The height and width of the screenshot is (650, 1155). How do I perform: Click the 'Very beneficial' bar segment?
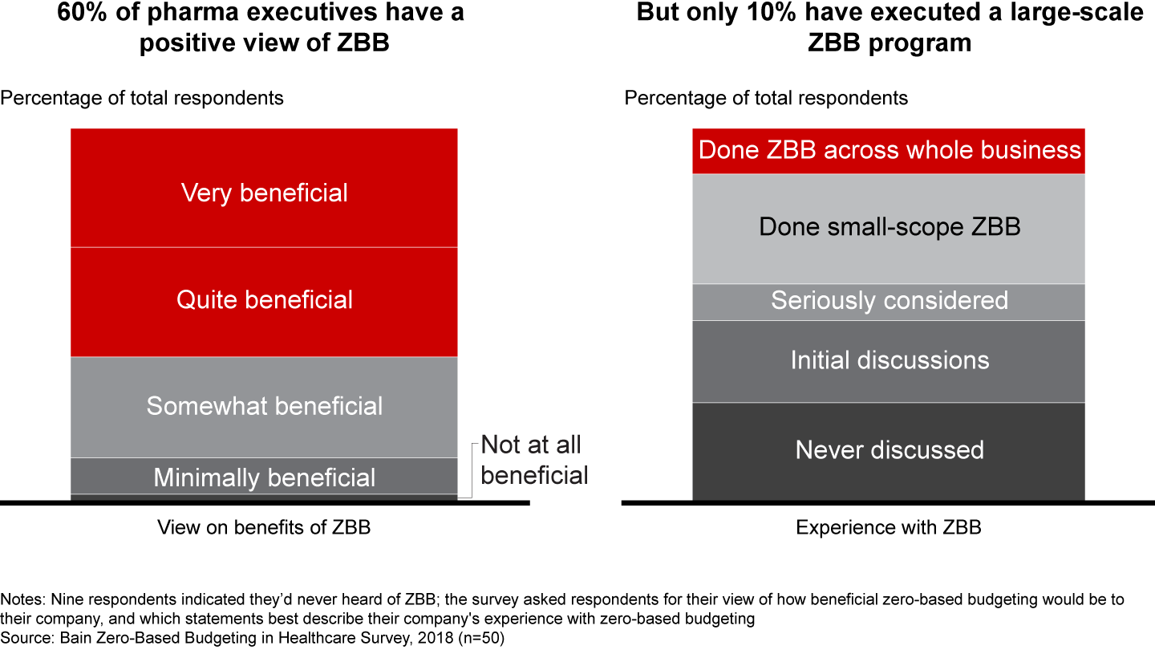[264, 193]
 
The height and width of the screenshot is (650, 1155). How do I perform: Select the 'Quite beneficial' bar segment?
[264, 300]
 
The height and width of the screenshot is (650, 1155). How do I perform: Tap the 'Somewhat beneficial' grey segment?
[264, 406]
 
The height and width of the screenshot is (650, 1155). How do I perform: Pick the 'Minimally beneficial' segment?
[264, 477]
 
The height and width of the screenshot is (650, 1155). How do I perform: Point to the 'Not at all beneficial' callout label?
[533, 460]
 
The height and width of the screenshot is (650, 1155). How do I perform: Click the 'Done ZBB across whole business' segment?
[889, 150]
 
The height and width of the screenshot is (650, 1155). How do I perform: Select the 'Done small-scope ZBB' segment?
[889, 227]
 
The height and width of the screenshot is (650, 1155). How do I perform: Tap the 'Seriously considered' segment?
[889, 301]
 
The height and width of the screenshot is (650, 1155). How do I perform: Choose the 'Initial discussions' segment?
[889, 360]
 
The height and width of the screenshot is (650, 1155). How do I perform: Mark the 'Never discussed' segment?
[889, 449]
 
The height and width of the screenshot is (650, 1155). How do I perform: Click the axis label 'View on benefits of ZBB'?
[264, 527]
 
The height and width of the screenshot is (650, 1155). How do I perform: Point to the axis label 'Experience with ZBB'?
[889, 527]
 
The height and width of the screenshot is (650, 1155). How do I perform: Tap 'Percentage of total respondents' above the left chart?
[142, 98]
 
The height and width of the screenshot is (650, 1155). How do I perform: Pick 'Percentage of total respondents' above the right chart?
[766, 98]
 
